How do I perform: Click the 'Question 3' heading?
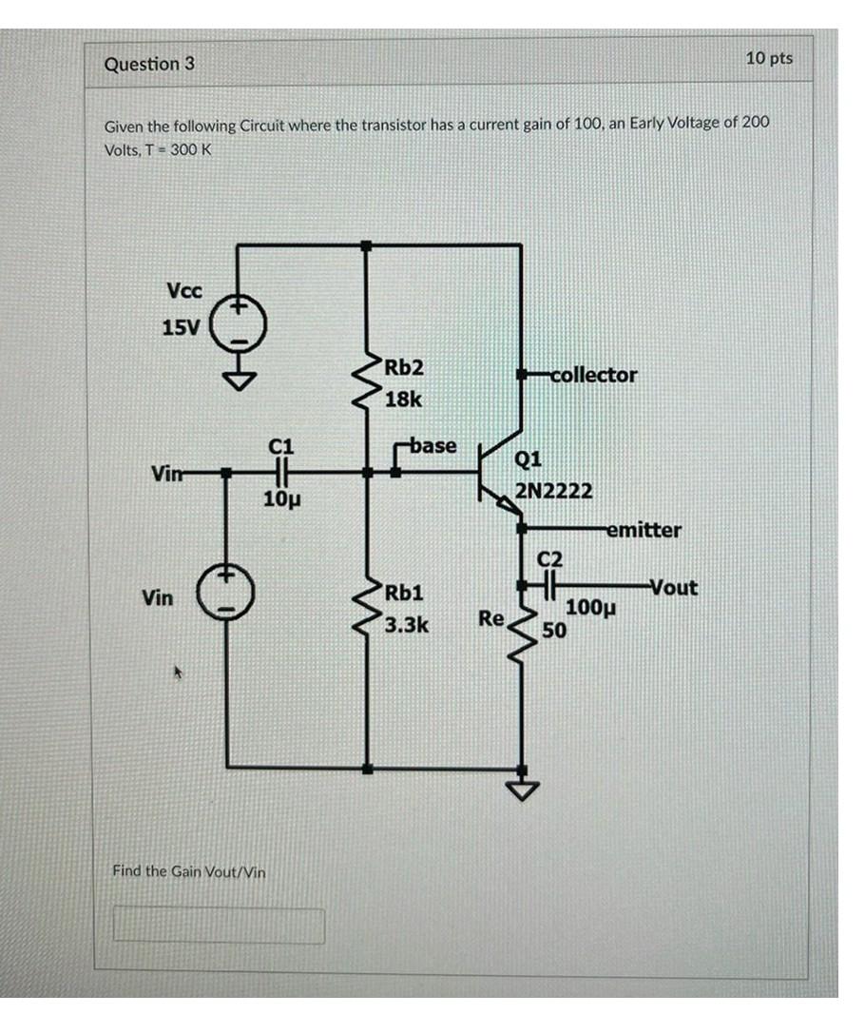click(149, 64)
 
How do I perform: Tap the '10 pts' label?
click(768, 58)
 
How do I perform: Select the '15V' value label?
click(180, 328)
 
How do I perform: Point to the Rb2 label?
click(405, 367)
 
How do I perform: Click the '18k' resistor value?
click(403, 399)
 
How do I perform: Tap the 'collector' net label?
click(593, 375)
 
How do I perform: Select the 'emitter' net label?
click(644, 530)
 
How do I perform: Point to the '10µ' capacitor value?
click(280, 497)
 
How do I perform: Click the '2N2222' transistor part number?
click(554, 491)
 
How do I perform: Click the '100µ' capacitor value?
click(591, 608)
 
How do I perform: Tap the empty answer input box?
click(219, 925)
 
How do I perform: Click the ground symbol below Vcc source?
click(238, 380)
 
